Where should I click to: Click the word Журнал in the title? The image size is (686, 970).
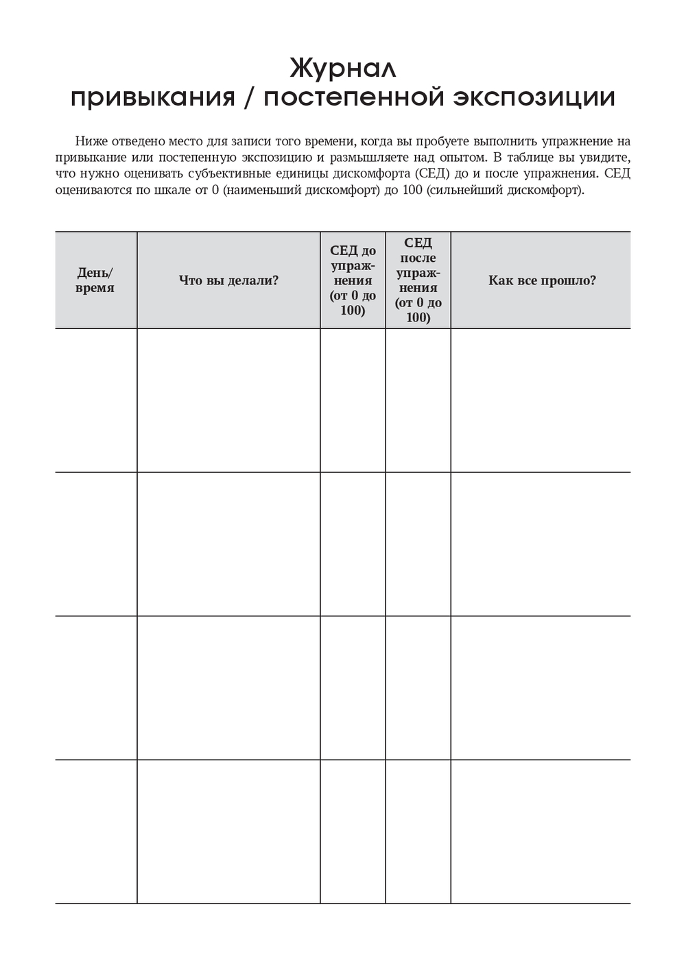343,69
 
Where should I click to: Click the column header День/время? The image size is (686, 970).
95,280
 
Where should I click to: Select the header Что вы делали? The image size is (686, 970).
228,280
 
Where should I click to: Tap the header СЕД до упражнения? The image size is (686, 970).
353,280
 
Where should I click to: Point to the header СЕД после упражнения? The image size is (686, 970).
418,280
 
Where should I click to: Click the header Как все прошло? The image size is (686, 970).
542,280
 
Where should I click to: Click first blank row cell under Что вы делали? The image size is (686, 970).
228,400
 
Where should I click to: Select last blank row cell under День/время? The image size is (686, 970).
96,832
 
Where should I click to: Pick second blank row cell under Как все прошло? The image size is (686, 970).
541,544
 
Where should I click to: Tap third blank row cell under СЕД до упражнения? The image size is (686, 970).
353,688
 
